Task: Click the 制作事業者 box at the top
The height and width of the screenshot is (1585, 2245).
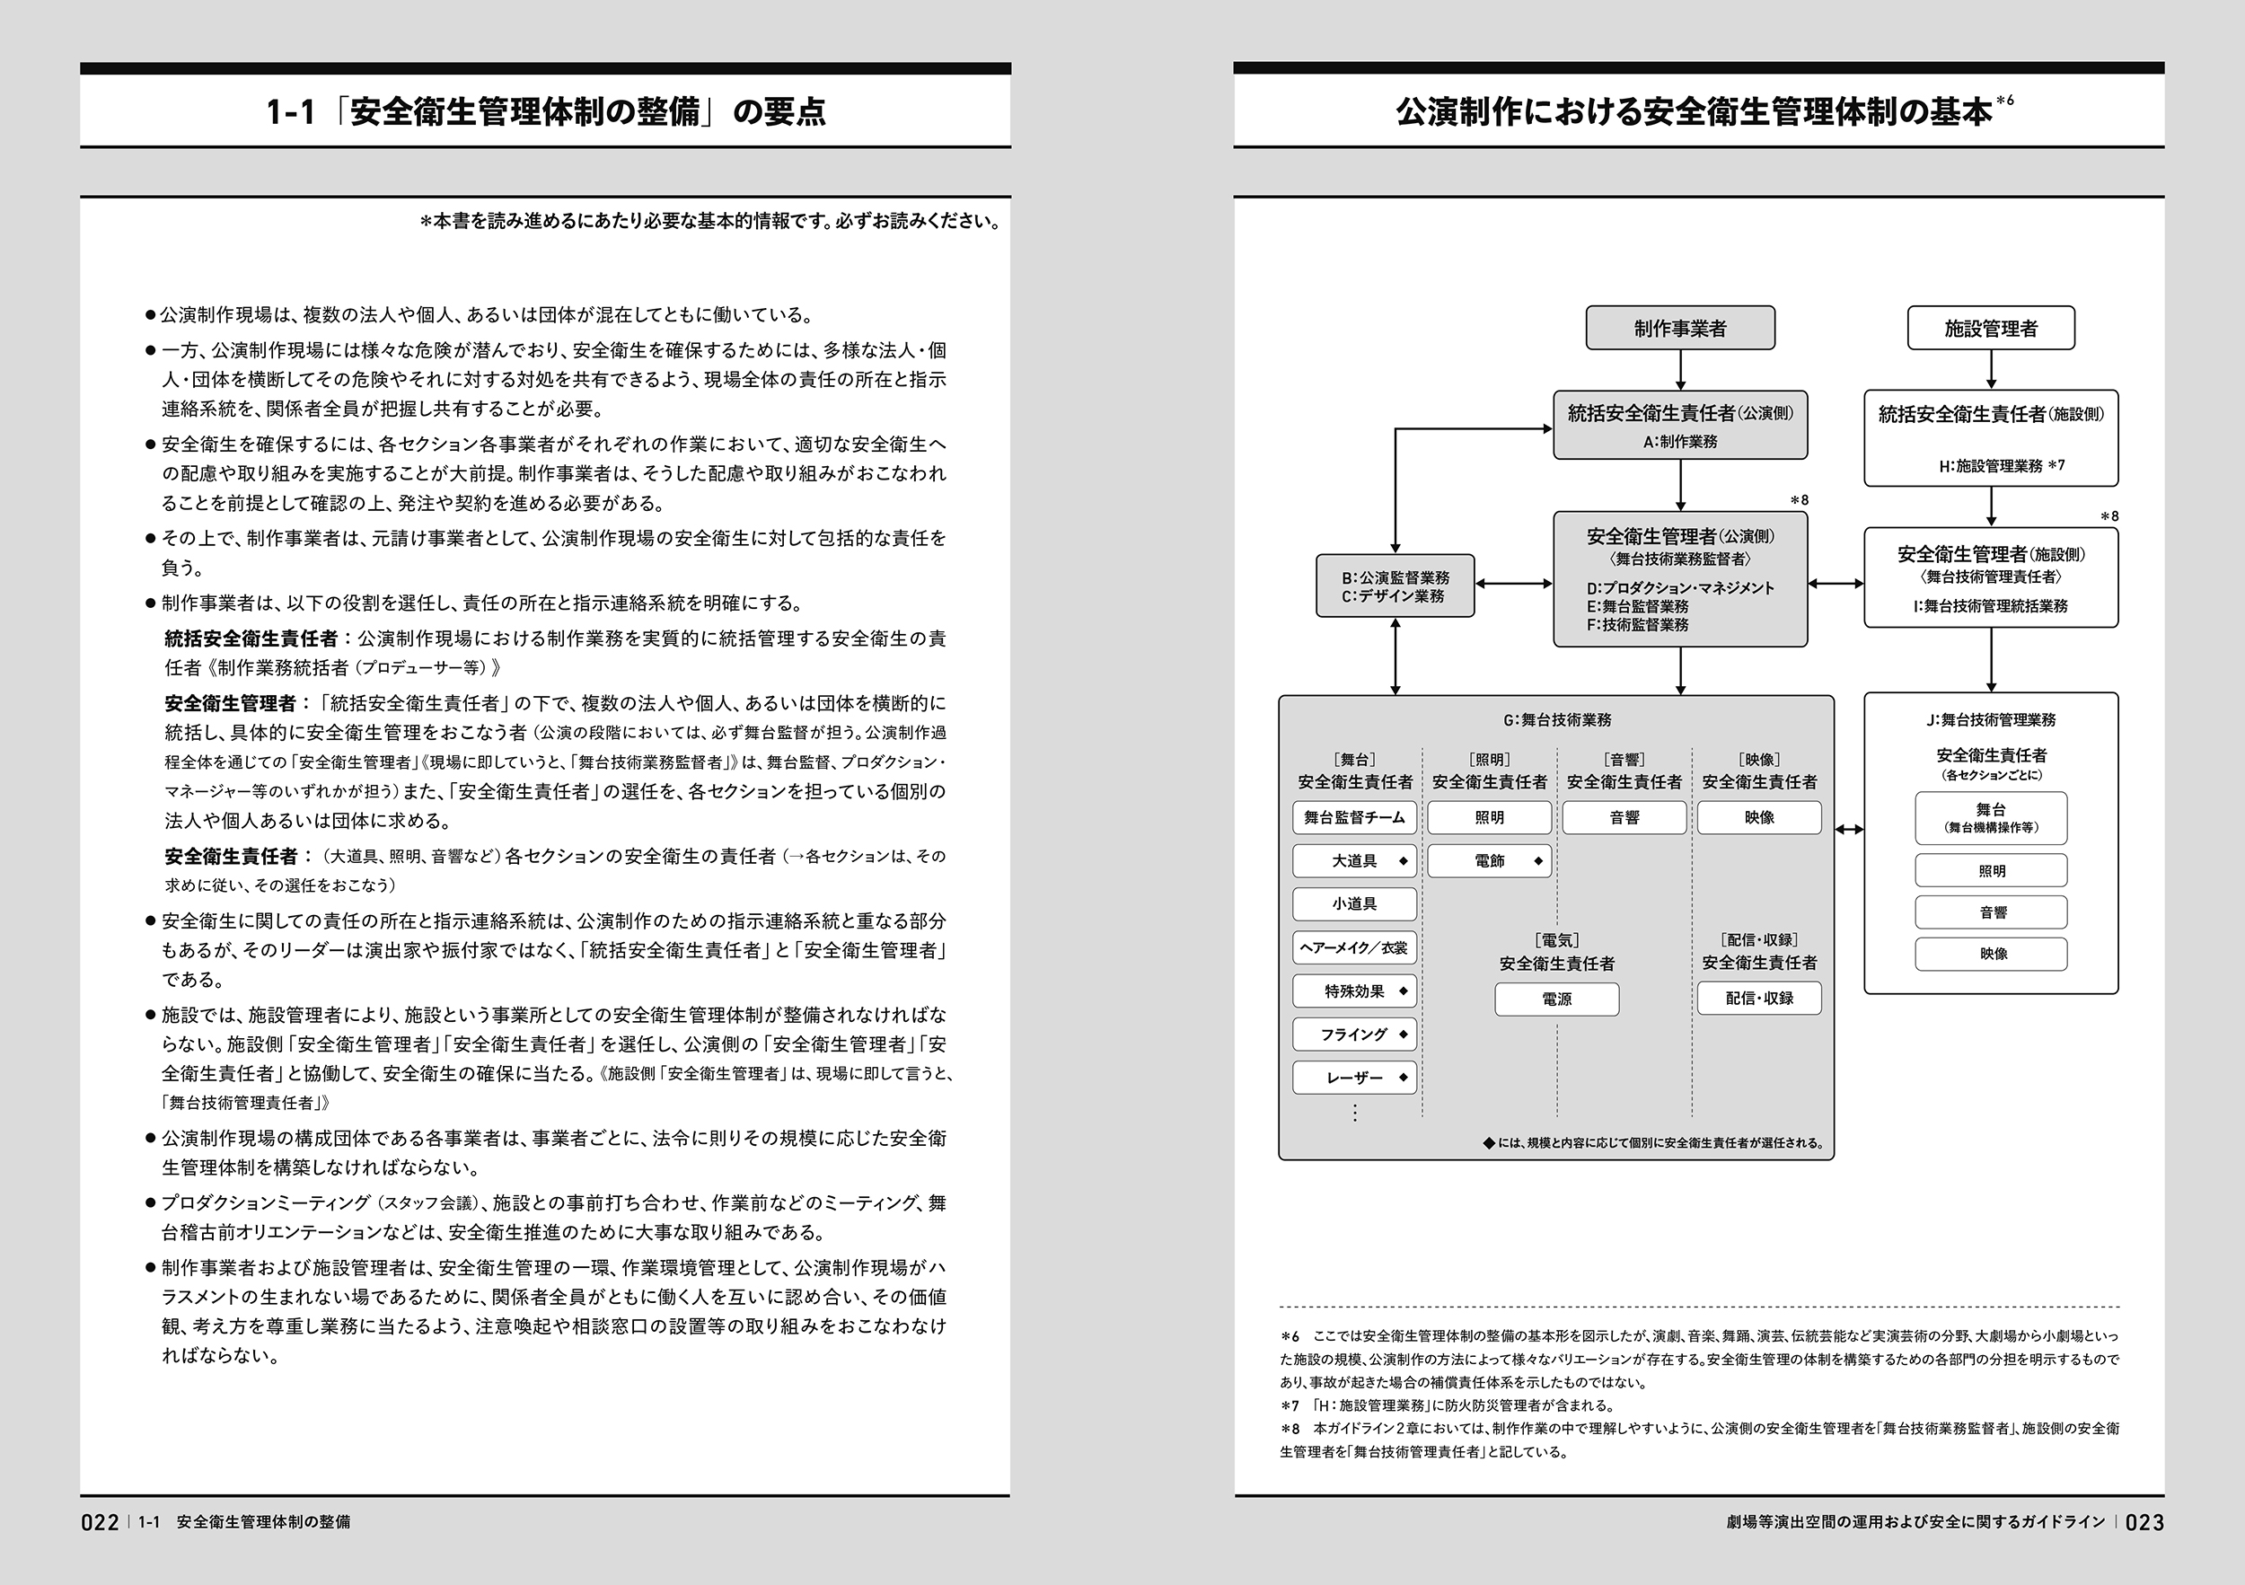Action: click(1680, 329)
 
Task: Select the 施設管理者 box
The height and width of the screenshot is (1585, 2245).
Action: click(1991, 329)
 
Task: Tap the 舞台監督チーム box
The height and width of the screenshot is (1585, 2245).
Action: click(1354, 817)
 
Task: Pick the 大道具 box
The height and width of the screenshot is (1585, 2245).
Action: click(1354, 860)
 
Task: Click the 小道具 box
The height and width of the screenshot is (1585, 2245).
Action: click(1354, 904)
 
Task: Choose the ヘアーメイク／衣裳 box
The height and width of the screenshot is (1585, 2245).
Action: click(1354, 947)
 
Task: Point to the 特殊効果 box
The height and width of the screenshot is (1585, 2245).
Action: click(1354, 991)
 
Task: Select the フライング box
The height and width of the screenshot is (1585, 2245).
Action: click(1354, 1035)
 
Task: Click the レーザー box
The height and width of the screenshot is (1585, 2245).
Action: click(1354, 1078)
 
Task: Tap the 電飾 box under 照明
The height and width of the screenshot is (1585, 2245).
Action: click(1489, 860)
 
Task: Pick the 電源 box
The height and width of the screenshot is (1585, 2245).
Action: click(1556, 999)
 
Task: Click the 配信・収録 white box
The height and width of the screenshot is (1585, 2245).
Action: click(1759, 999)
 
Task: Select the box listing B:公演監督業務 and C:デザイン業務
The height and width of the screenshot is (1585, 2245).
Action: click(1395, 586)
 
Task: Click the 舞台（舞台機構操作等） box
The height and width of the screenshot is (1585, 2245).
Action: click(1991, 817)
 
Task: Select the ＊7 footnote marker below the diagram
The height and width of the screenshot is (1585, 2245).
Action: click(1290, 1406)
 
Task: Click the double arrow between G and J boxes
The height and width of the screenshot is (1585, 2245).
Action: click(1849, 830)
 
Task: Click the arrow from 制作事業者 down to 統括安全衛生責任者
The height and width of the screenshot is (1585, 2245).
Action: click(1680, 371)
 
